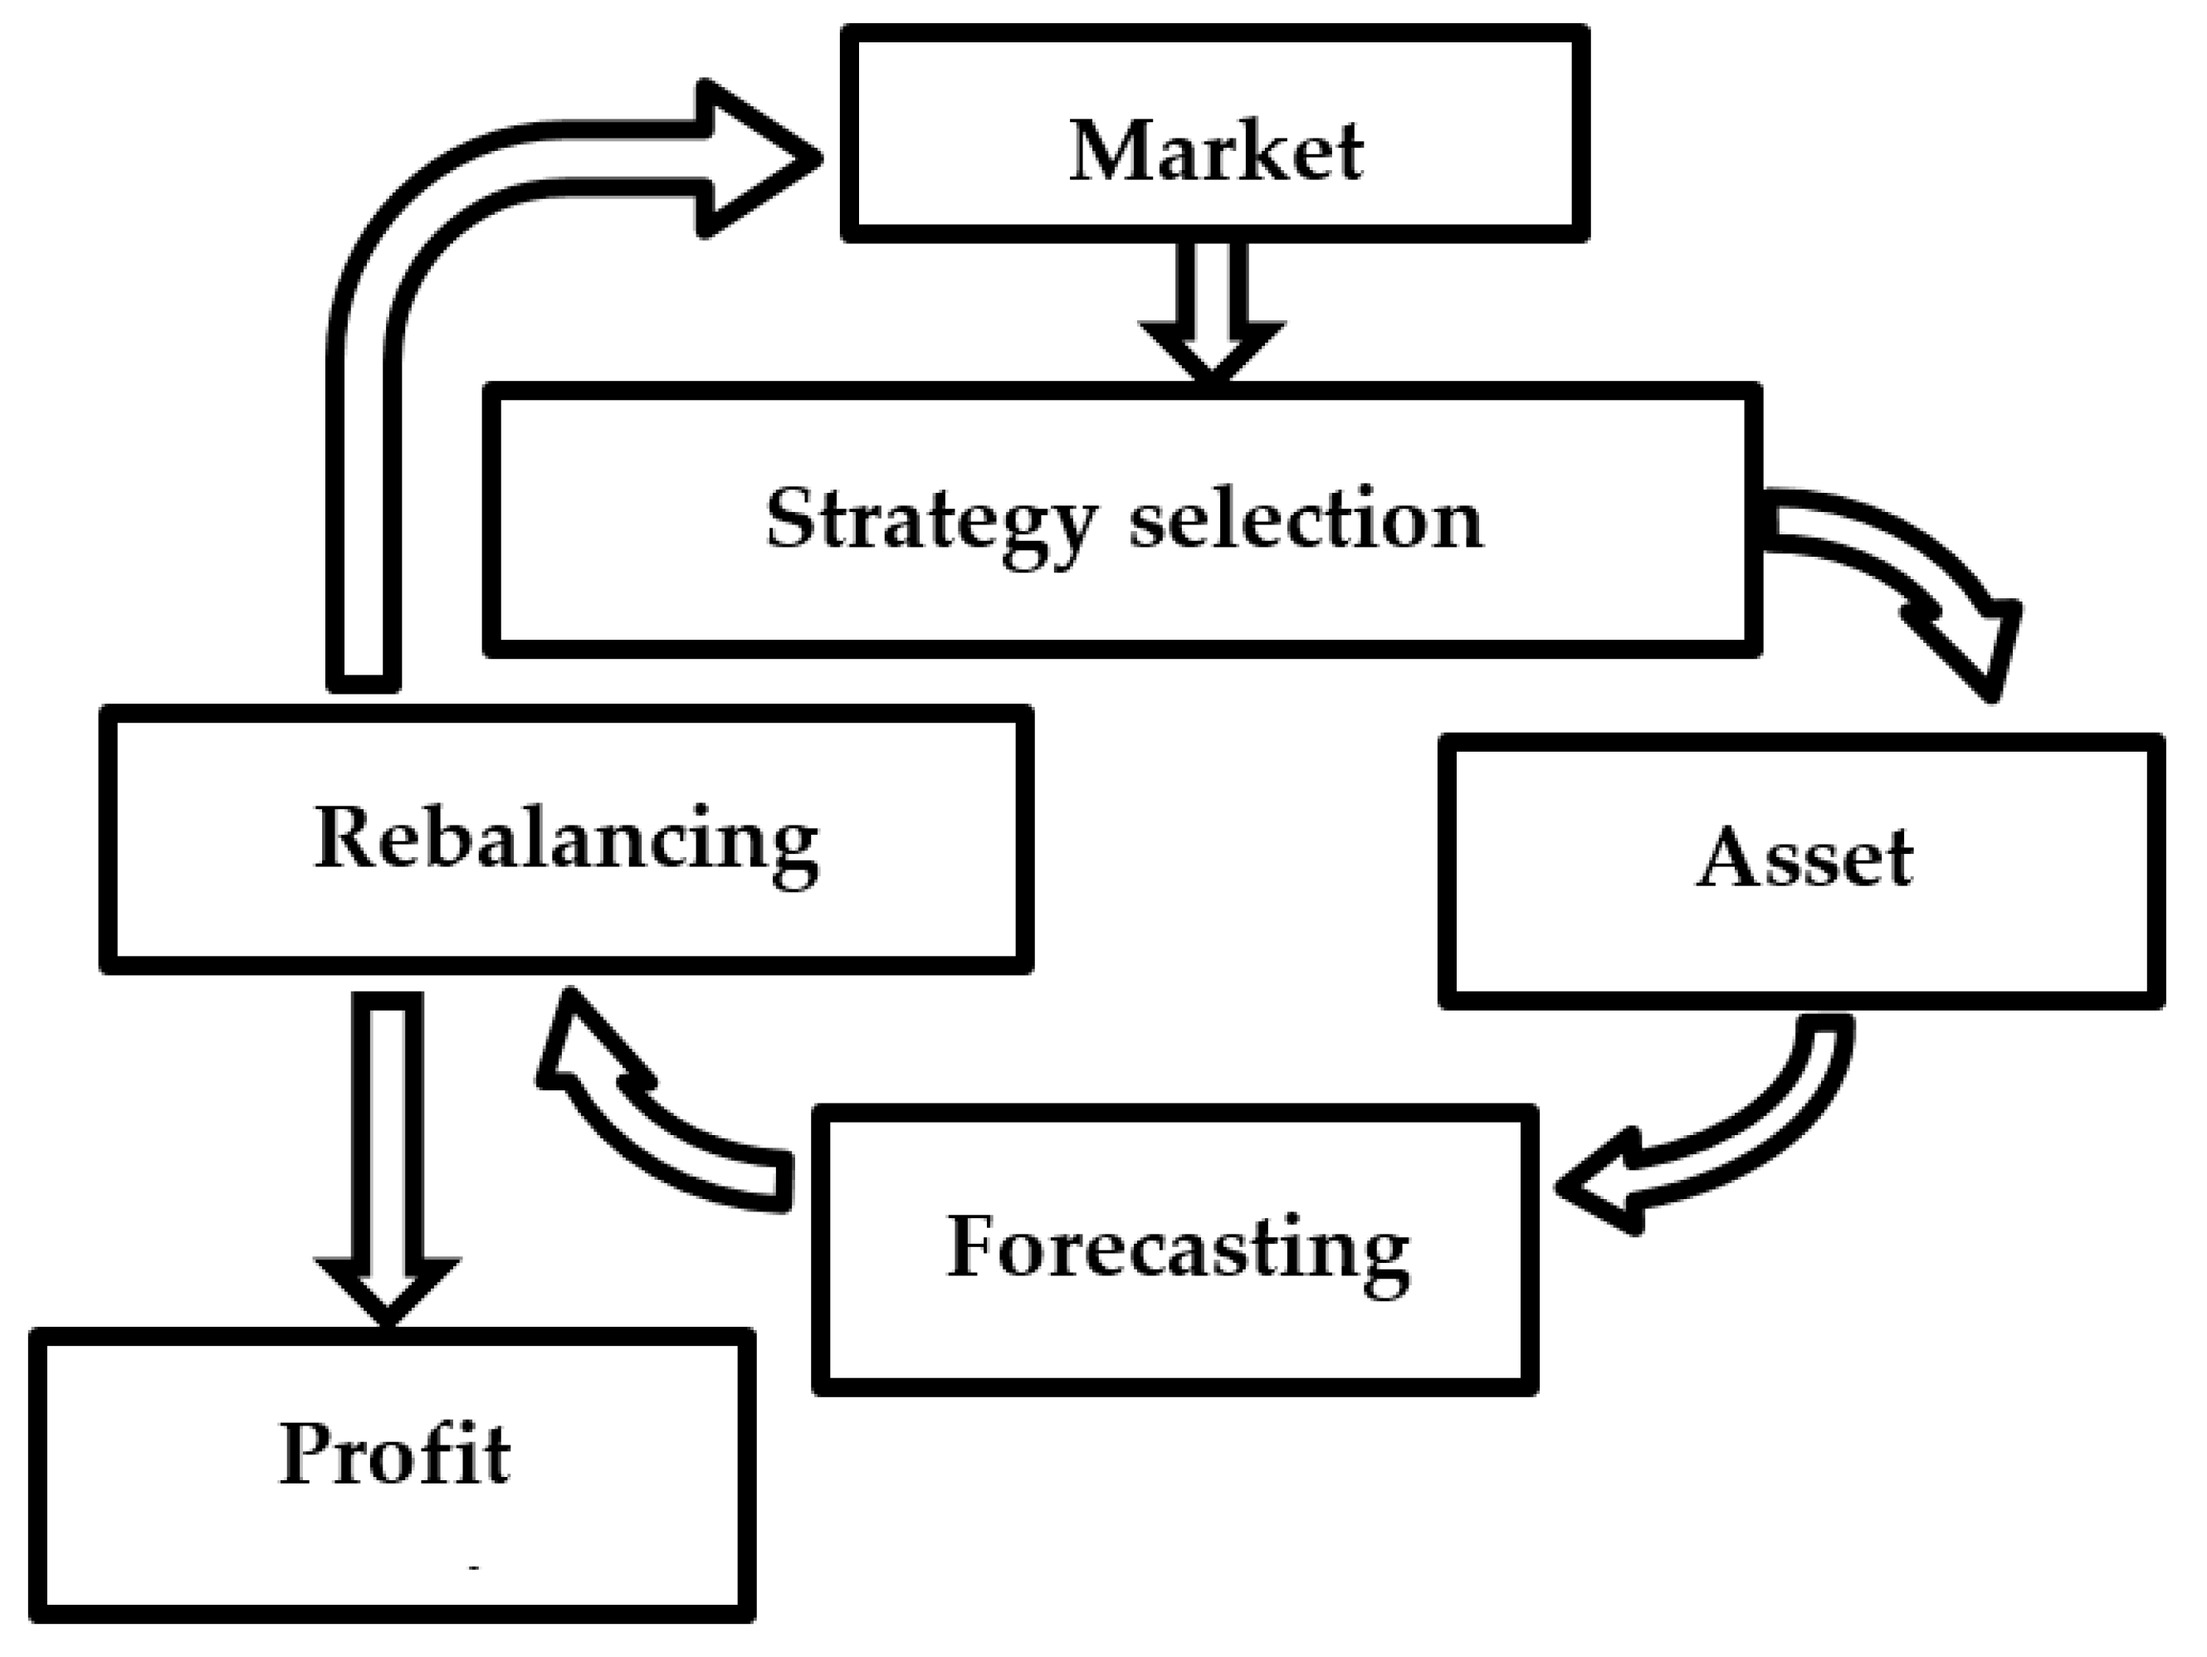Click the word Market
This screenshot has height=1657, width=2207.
1215,152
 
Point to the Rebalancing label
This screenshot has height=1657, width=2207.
566,839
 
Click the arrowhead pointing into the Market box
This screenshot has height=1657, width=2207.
759,158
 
